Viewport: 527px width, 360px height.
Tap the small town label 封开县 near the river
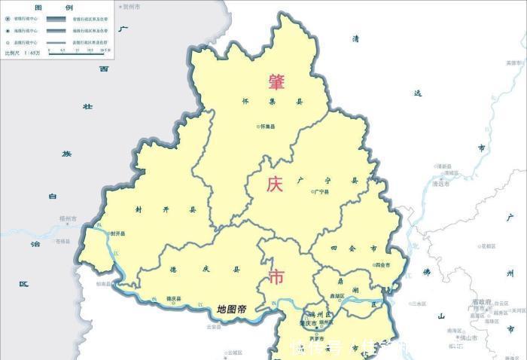[118, 234]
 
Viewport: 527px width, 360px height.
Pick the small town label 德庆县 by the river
[174, 298]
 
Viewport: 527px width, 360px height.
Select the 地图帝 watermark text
[231, 309]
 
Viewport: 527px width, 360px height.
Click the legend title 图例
[43, 6]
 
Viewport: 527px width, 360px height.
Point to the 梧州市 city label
[68, 218]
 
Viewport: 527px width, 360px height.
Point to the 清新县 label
[443, 166]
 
